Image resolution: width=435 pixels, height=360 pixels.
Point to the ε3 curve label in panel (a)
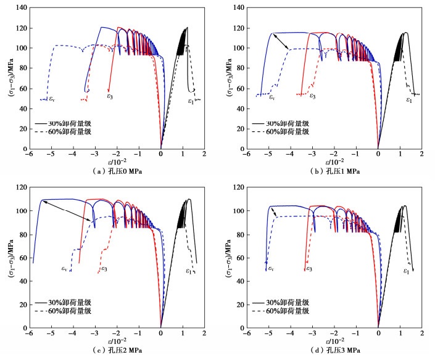click(x=109, y=96)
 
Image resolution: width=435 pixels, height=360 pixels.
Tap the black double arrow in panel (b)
click(x=280, y=41)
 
